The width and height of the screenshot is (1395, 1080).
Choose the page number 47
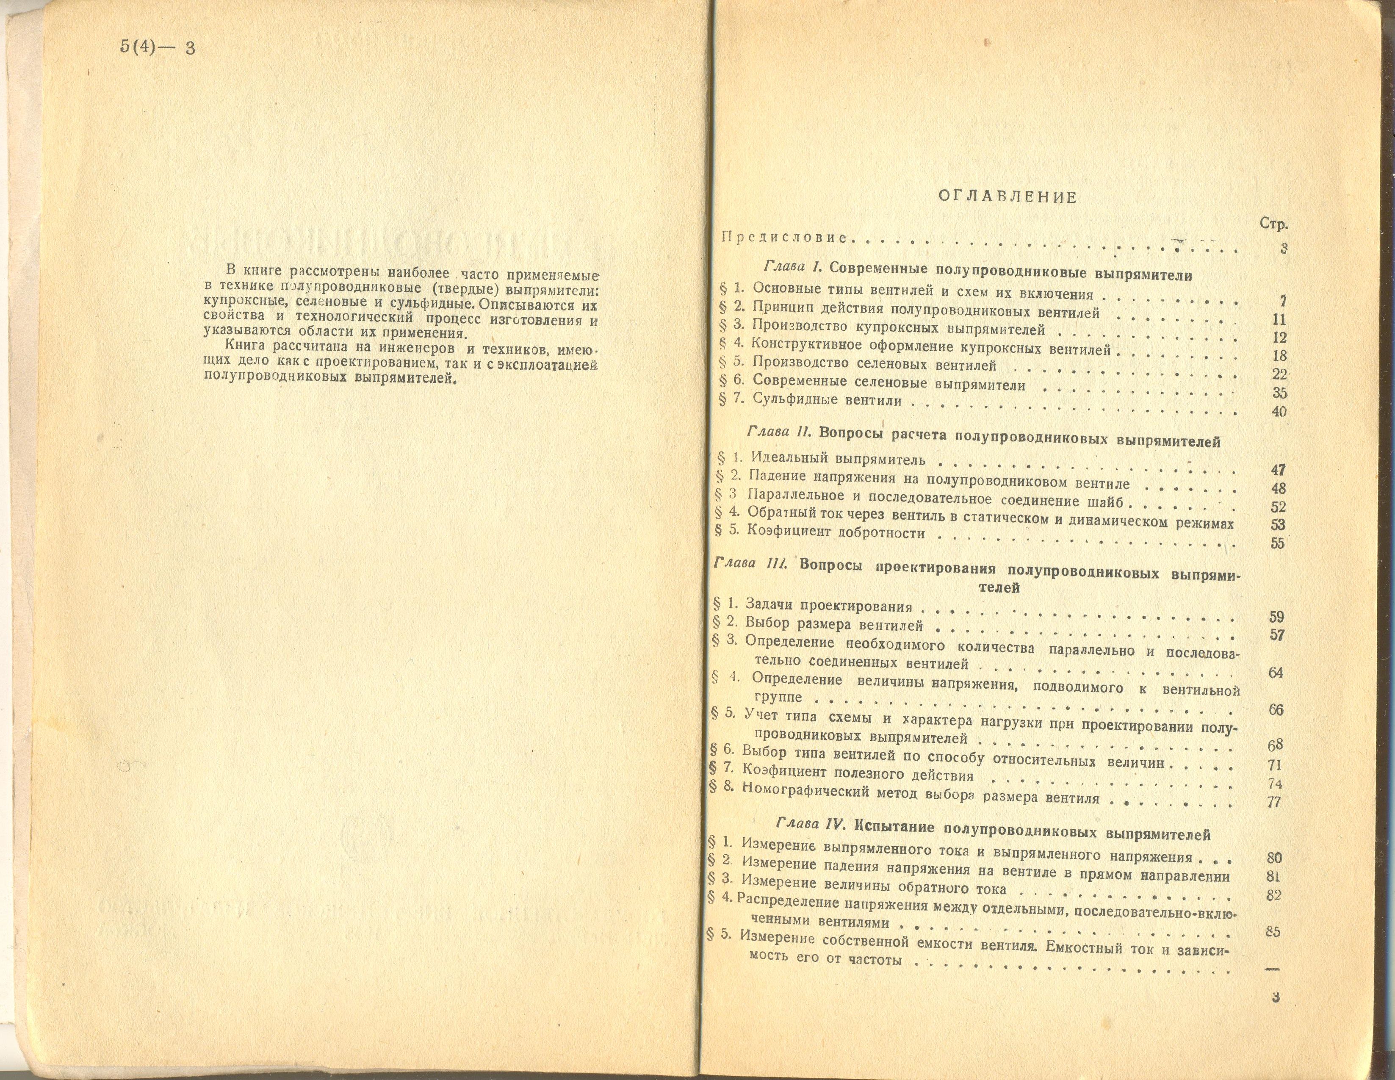click(x=1278, y=470)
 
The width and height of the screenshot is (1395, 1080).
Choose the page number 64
click(x=1276, y=673)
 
